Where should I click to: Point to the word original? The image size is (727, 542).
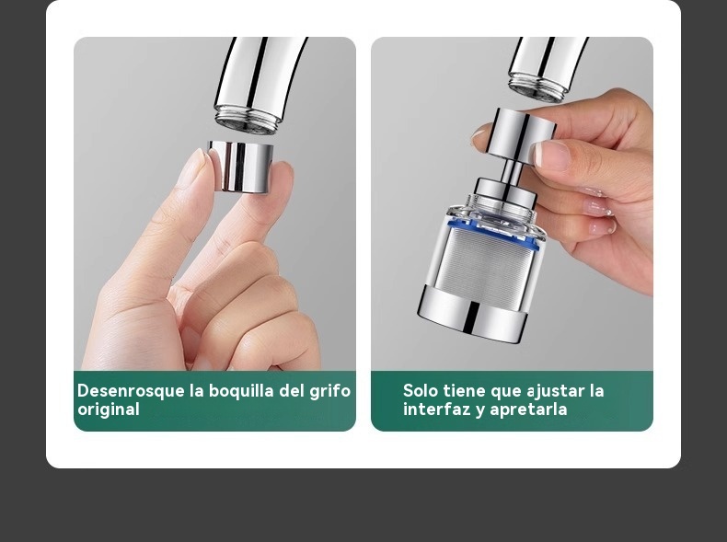click(109, 409)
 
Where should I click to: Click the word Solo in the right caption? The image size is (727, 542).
click(420, 390)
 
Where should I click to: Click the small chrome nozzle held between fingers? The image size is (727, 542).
click(240, 167)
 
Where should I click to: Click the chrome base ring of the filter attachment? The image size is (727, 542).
click(472, 315)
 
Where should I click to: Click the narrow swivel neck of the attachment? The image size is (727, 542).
click(513, 169)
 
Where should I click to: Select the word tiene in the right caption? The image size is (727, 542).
click(464, 390)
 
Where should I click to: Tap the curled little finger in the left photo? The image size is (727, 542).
click(273, 340)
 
